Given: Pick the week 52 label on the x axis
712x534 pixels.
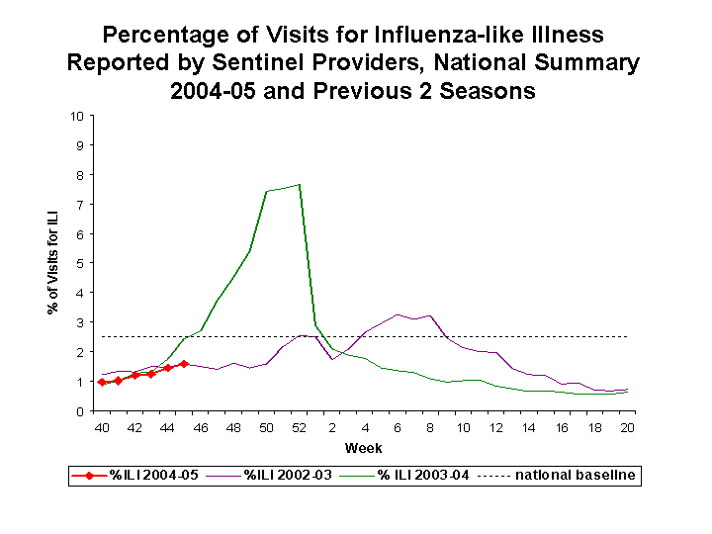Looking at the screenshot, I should [x=299, y=428].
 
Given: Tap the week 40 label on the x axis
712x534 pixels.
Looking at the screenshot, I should [x=101, y=428].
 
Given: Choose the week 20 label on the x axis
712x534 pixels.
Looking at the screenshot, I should [x=627, y=428].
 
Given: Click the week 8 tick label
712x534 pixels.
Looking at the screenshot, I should [x=430, y=428].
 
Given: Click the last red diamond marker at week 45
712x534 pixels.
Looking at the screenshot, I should [x=184, y=364].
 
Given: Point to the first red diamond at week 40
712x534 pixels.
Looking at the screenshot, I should [x=101, y=382].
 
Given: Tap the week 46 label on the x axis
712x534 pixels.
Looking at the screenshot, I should [x=200, y=428].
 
